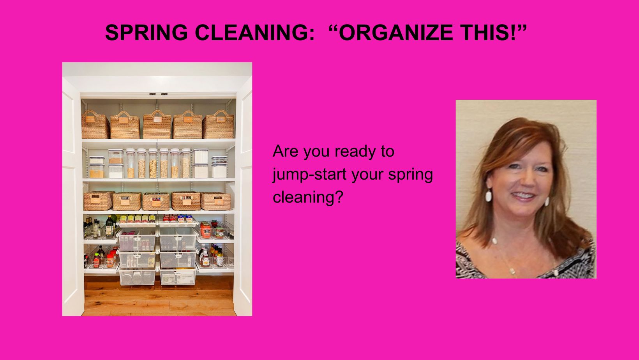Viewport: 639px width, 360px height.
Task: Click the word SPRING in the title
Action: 147,32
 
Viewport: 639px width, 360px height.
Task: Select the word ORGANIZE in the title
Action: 396,32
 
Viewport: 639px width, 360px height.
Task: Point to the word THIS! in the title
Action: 490,32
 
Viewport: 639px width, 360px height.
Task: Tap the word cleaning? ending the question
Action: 308,198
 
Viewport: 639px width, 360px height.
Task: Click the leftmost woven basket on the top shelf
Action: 95,125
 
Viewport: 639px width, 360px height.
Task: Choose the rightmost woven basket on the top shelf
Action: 219,125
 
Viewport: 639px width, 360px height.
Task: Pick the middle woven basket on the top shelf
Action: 157,125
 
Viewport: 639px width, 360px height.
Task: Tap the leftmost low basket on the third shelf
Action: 99,201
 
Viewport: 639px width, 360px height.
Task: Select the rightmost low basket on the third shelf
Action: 216,201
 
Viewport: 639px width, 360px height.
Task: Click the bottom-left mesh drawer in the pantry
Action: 137,276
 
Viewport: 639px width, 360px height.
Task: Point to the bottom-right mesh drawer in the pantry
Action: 178,276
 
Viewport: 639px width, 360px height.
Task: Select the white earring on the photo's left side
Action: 489,196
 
